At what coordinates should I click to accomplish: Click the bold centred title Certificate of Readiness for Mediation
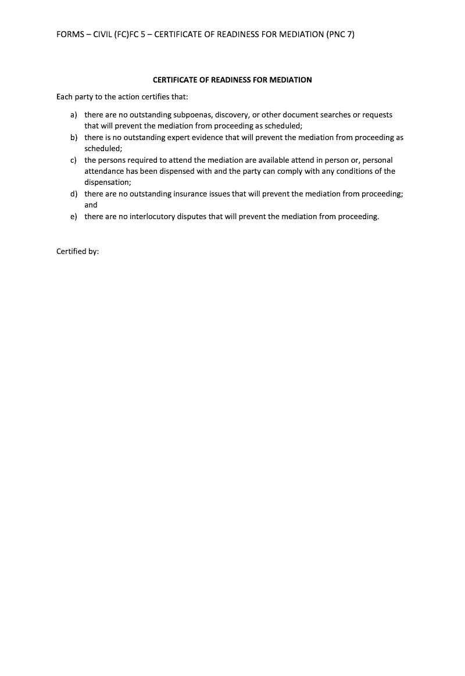[232, 80]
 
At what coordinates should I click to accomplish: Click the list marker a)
[74, 115]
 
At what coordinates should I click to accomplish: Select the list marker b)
[74, 138]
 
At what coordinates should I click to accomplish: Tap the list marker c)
[74, 160]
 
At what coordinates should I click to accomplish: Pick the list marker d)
[74, 194]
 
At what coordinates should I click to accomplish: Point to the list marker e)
[74, 217]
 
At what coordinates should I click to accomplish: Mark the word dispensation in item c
[107, 183]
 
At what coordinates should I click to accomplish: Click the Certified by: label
[78, 252]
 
